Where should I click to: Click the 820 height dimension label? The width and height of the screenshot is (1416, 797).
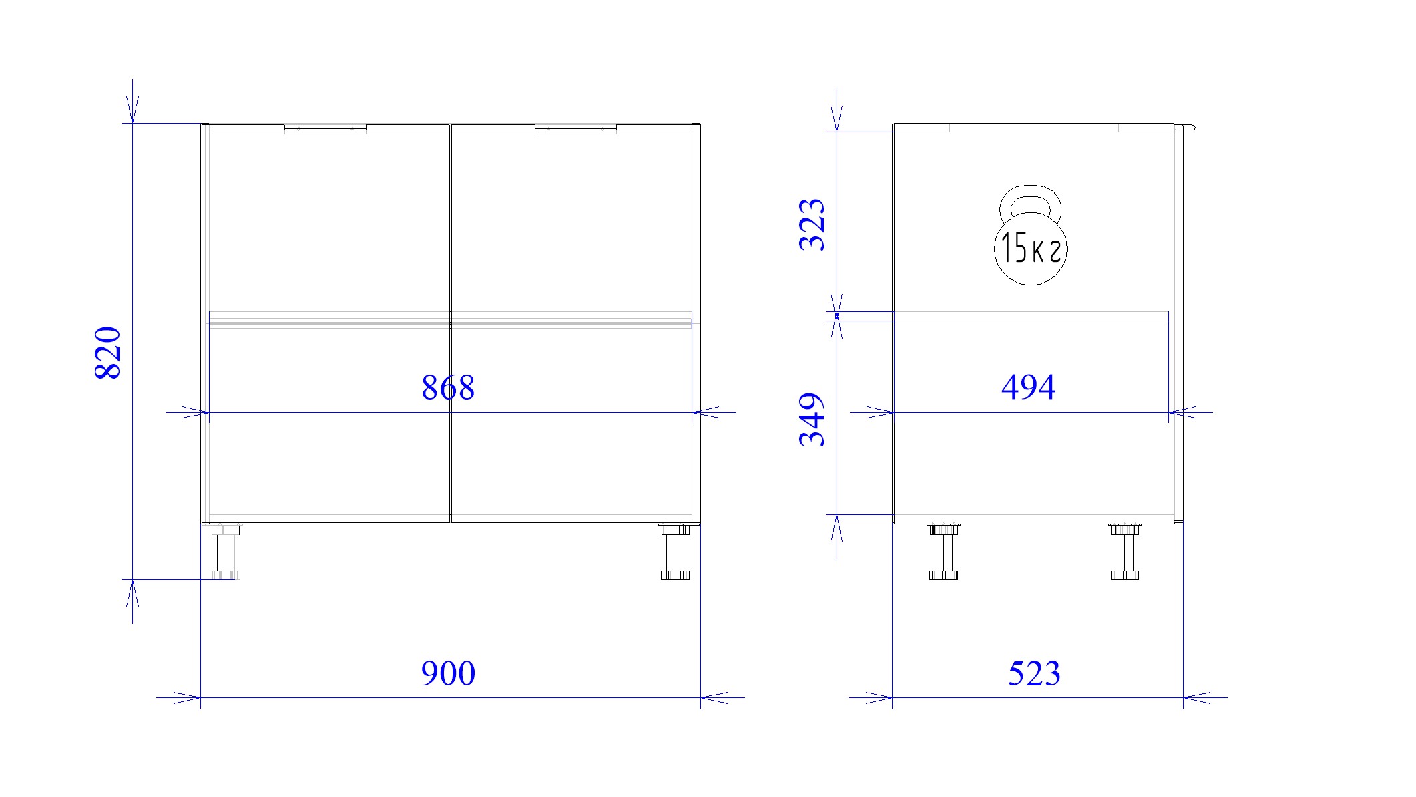point(107,353)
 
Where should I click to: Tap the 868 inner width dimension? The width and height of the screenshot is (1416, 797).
point(448,387)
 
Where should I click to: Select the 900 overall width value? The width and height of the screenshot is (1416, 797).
point(448,673)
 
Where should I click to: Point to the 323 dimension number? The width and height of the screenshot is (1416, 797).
point(812,224)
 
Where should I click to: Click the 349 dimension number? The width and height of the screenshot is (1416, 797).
point(812,420)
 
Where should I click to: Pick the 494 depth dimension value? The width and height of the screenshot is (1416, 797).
point(1029,387)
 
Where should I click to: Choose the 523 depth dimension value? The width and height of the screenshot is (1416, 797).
point(1034,673)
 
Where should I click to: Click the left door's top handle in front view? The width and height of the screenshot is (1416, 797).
point(325,128)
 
